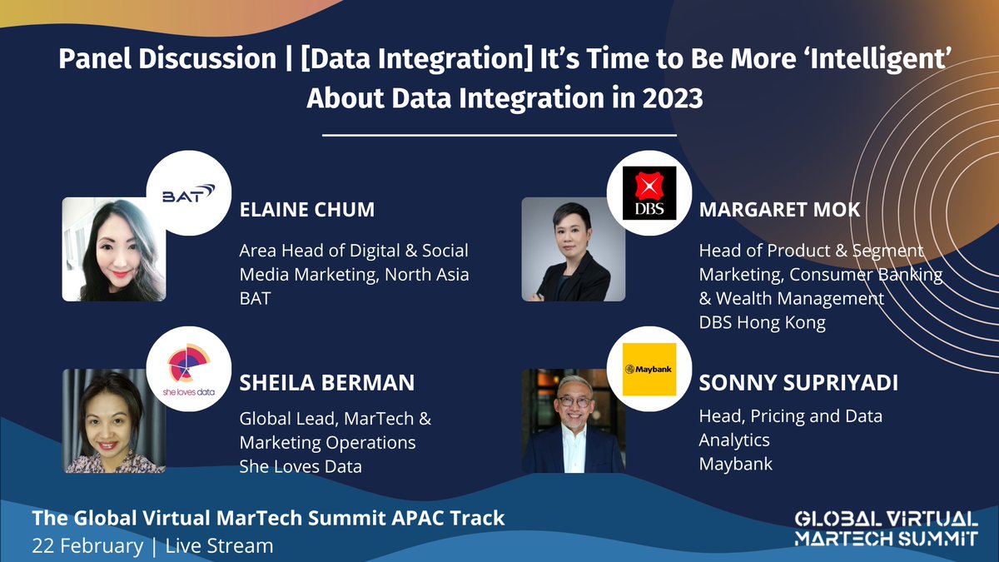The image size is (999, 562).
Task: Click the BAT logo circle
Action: [188, 193]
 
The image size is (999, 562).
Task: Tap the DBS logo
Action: [650, 193]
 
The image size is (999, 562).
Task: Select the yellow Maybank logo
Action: [650, 369]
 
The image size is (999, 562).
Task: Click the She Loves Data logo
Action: [188, 369]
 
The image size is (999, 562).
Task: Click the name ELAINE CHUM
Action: [306, 210]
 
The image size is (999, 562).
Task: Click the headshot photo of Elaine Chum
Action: [114, 250]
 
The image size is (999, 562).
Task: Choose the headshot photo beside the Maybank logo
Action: [573, 421]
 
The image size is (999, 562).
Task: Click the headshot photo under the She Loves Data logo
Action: [114, 421]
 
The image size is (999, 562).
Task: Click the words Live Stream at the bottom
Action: [219, 546]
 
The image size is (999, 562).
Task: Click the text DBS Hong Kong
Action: [762, 322]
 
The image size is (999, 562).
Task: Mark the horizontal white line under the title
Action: [499, 134]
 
